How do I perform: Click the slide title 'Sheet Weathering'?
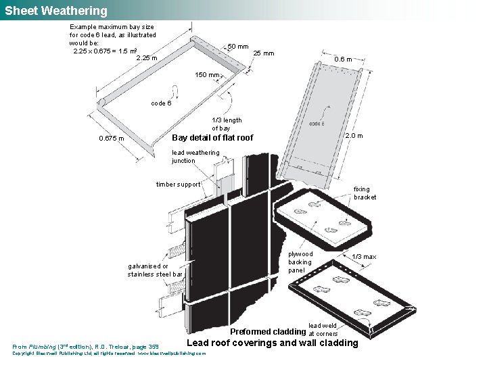(56, 11)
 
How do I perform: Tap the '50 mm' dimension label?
(237, 47)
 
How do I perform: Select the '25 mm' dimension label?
(263, 53)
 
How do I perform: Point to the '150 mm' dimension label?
(207, 75)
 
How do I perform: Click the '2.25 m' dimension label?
(147, 58)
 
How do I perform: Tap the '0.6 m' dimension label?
(343, 59)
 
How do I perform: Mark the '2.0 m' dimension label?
(354, 136)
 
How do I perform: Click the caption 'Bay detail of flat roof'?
(213, 138)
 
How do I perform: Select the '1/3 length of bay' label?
(226, 124)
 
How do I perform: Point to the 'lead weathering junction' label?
(195, 157)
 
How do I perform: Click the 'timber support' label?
(178, 184)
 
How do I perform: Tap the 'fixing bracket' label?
(365, 193)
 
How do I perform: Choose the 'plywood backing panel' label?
(300, 262)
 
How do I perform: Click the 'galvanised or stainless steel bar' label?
(155, 270)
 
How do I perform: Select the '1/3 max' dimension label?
(364, 257)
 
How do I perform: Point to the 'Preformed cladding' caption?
(268, 332)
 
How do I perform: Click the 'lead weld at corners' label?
(323, 330)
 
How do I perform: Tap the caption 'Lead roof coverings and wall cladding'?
(272, 343)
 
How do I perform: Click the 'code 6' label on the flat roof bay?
(161, 103)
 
